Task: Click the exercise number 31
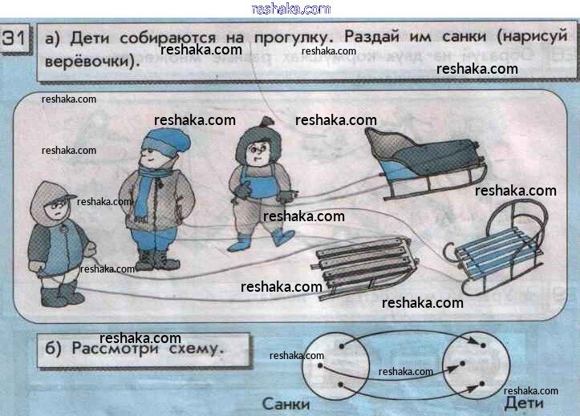coord(14,38)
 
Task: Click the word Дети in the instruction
coord(90,38)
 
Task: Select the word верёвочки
coord(91,61)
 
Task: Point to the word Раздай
coord(371,37)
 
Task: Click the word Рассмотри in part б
coord(115,349)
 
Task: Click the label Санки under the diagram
coord(286,404)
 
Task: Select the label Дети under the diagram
coord(524,403)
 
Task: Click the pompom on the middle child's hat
coord(266,121)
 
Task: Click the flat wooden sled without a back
coord(364,267)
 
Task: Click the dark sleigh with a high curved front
coord(425,163)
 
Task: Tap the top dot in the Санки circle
coord(342,346)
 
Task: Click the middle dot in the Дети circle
coord(462,364)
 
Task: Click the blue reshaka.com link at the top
coord(290,9)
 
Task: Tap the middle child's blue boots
coord(262,240)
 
